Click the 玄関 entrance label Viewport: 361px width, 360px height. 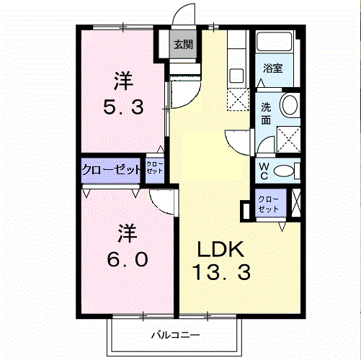(184, 45)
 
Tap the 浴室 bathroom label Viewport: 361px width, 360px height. (273, 68)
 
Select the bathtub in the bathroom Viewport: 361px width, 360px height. (275, 41)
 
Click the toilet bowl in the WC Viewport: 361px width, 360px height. (284, 171)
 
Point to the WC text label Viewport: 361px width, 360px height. (264, 171)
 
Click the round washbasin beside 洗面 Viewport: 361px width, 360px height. (290, 105)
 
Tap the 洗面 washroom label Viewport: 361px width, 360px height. (266, 114)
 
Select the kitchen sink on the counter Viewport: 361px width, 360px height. (236, 76)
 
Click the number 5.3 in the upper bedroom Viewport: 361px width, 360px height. (123, 107)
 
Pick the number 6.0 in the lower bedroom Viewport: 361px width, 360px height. (128, 259)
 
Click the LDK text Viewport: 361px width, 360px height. (220, 249)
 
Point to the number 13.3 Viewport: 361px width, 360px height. (221, 272)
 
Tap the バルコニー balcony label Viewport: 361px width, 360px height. (175, 335)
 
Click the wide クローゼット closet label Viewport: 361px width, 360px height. (111, 170)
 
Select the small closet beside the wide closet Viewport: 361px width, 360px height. (155, 171)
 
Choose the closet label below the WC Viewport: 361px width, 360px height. (269, 204)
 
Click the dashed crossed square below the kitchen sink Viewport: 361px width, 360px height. (238, 99)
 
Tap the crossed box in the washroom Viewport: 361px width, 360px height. (288, 140)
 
